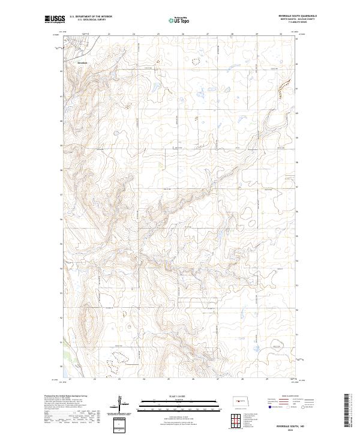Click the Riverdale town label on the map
click(82, 62)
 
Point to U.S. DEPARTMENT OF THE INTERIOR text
click(91, 17)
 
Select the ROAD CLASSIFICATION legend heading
click(289, 397)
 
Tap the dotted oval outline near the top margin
click(194, 61)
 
